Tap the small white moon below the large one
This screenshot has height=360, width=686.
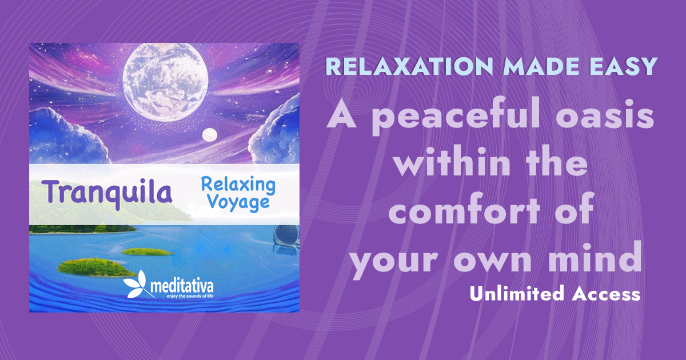tap(210, 134)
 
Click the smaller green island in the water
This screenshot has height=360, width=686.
tap(147, 251)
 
